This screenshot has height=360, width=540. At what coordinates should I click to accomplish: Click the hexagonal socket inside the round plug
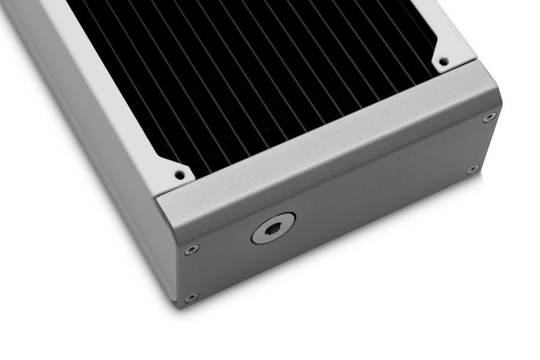coord(273,229)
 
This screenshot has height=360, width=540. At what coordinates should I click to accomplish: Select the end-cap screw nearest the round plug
coord(191,249)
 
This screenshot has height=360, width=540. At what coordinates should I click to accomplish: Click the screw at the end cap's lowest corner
coord(191,297)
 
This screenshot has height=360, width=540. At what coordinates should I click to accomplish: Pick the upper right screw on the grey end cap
coord(490,116)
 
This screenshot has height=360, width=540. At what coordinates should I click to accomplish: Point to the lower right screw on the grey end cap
coord(474,169)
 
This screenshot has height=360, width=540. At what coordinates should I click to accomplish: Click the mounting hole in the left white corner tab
coord(179,174)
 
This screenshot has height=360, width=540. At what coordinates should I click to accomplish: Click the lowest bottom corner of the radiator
coord(178,305)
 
